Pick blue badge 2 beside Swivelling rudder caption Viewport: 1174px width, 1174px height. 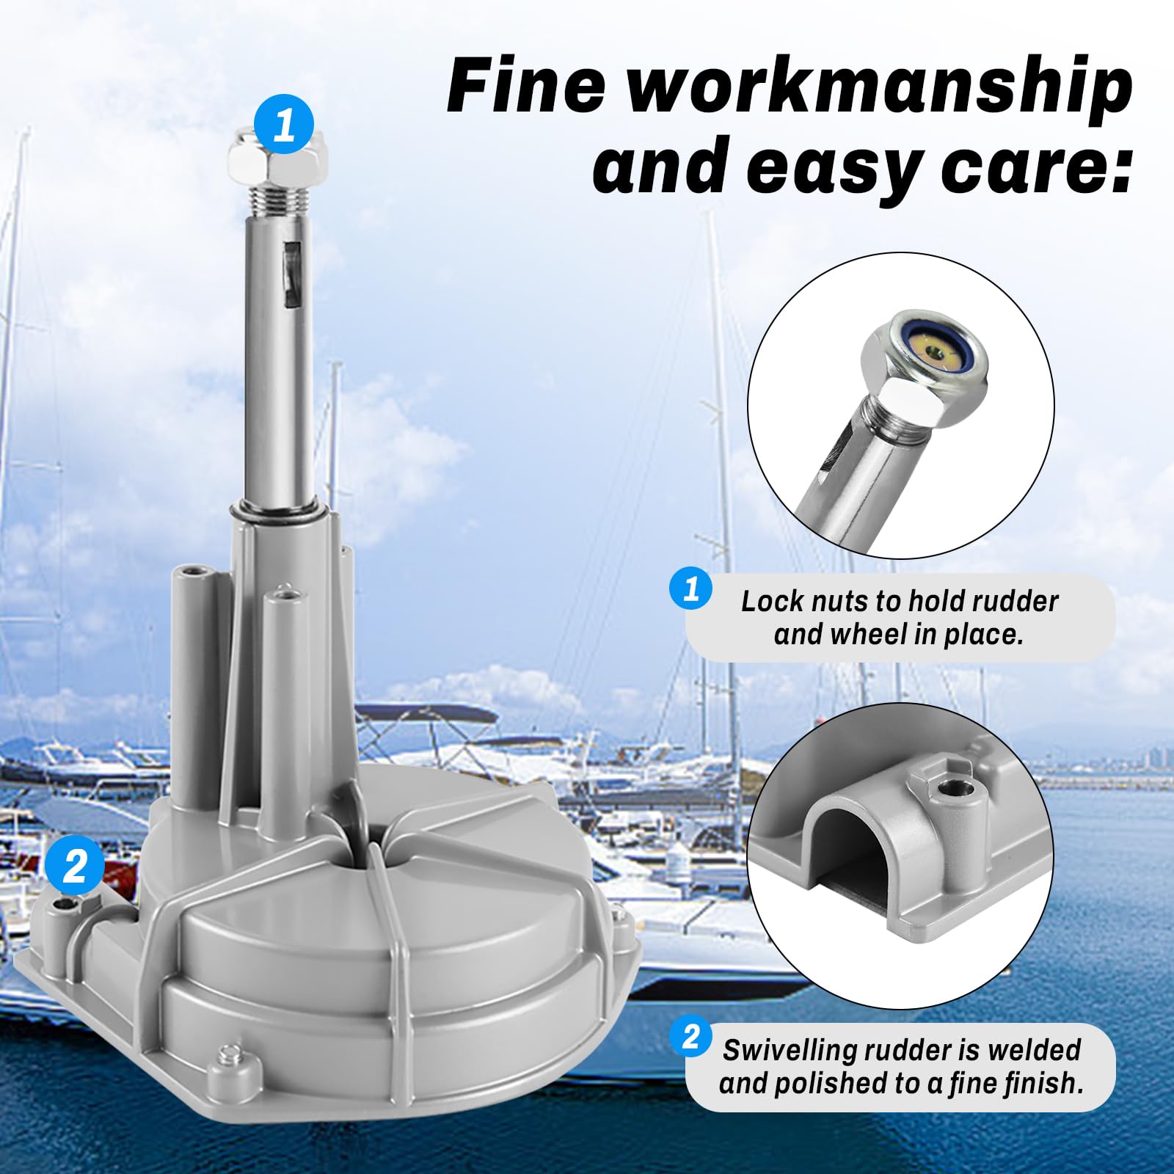click(690, 1037)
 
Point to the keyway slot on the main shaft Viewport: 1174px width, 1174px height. click(292, 273)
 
